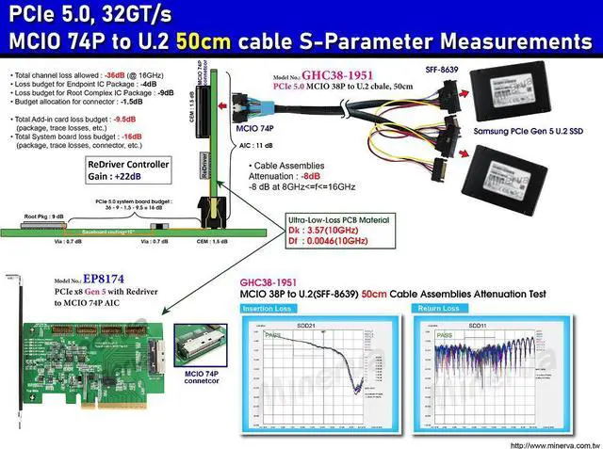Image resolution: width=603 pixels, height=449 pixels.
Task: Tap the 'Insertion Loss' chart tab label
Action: click(x=265, y=309)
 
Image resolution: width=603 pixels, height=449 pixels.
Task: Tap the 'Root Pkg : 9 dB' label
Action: click(x=44, y=216)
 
